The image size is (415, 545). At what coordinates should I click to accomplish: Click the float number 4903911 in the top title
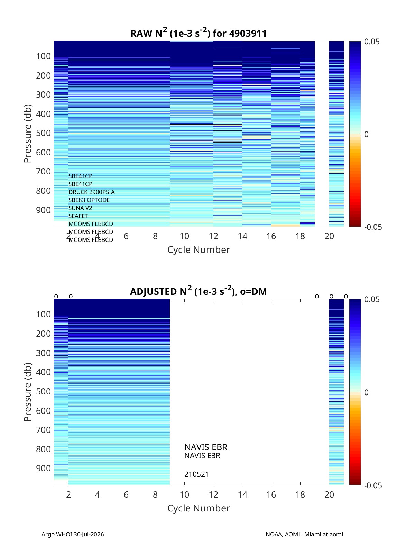(248, 34)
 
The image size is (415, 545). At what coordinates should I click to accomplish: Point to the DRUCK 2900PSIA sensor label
(92, 192)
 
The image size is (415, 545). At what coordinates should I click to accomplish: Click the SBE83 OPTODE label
(89, 200)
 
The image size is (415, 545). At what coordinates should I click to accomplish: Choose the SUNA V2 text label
(80, 208)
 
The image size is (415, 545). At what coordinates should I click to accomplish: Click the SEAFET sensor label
(78, 216)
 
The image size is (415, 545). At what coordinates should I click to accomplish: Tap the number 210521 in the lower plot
(196, 474)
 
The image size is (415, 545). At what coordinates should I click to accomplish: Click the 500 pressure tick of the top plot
(44, 133)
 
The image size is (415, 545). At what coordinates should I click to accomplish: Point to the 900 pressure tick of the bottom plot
(44, 468)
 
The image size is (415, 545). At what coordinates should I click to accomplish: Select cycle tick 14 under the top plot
(242, 236)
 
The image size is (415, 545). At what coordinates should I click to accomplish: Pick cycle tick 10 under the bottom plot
(184, 494)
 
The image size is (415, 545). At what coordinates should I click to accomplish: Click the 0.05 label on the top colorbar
(371, 42)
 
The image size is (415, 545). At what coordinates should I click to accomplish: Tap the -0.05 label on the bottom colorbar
(373, 485)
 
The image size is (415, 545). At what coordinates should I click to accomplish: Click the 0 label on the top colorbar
(366, 134)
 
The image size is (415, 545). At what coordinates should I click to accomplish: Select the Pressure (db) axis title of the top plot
(28, 134)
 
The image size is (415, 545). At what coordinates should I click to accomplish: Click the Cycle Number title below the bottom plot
(199, 508)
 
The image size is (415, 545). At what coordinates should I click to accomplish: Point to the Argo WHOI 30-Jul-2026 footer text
(73, 534)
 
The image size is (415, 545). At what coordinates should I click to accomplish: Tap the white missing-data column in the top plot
(322, 134)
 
